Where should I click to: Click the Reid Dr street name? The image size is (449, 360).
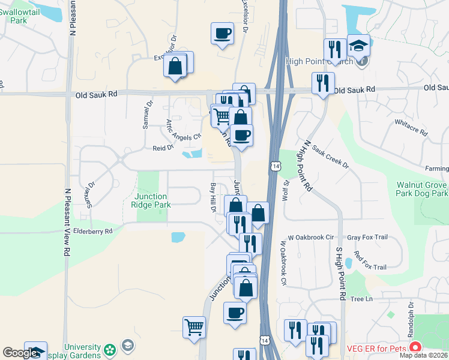point(163,147)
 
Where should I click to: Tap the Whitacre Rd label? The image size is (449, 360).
point(411,128)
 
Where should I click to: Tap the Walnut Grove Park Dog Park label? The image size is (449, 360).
point(422,190)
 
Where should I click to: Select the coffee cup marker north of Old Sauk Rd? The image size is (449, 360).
point(222,34)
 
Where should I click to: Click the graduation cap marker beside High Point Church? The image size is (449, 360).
point(358,46)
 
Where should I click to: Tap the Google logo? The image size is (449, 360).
point(19,353)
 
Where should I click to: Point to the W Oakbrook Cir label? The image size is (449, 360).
point(310,238)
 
